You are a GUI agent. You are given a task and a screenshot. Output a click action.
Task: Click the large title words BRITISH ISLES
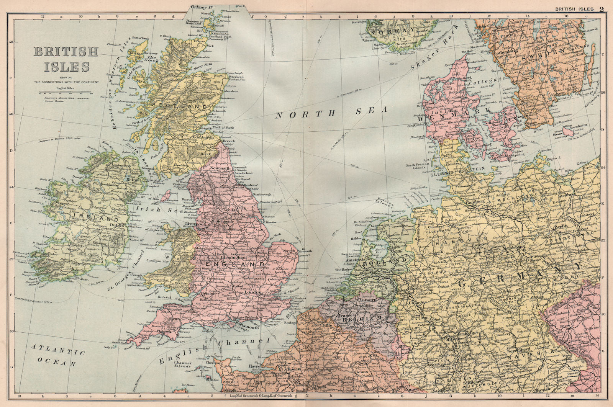(66, 59)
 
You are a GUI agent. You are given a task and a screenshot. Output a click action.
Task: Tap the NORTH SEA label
(332, 112)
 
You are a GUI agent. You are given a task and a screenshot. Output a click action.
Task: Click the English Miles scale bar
(65, 93)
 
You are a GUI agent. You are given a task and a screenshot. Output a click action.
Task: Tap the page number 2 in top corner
(602, 9)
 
